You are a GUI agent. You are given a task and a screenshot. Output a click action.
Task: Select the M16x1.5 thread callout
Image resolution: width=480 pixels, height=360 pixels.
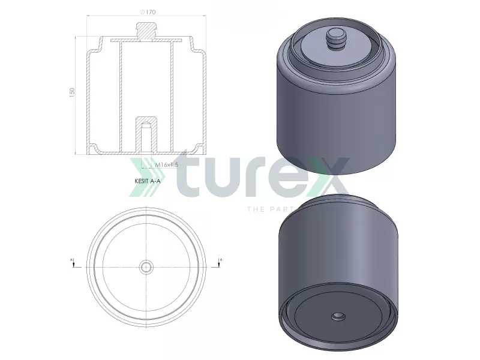[x=167, y=164]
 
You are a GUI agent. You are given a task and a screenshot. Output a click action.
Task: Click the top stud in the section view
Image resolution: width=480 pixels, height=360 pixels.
[x=146, y=30]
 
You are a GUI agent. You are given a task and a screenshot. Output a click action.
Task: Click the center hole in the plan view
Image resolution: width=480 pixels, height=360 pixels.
[x=146, y=267]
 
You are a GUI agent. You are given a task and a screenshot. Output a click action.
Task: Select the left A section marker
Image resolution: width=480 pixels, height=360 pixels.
[x=72, y=262]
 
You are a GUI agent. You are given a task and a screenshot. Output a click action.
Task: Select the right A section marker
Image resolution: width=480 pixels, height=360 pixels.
[x=221, y=262]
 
